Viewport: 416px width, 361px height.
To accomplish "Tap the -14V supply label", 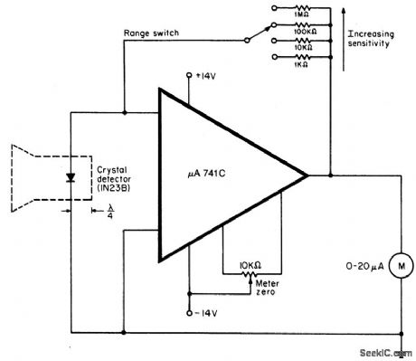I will click(x=206, y=313).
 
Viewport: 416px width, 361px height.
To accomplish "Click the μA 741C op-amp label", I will click(x=211, y=171).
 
